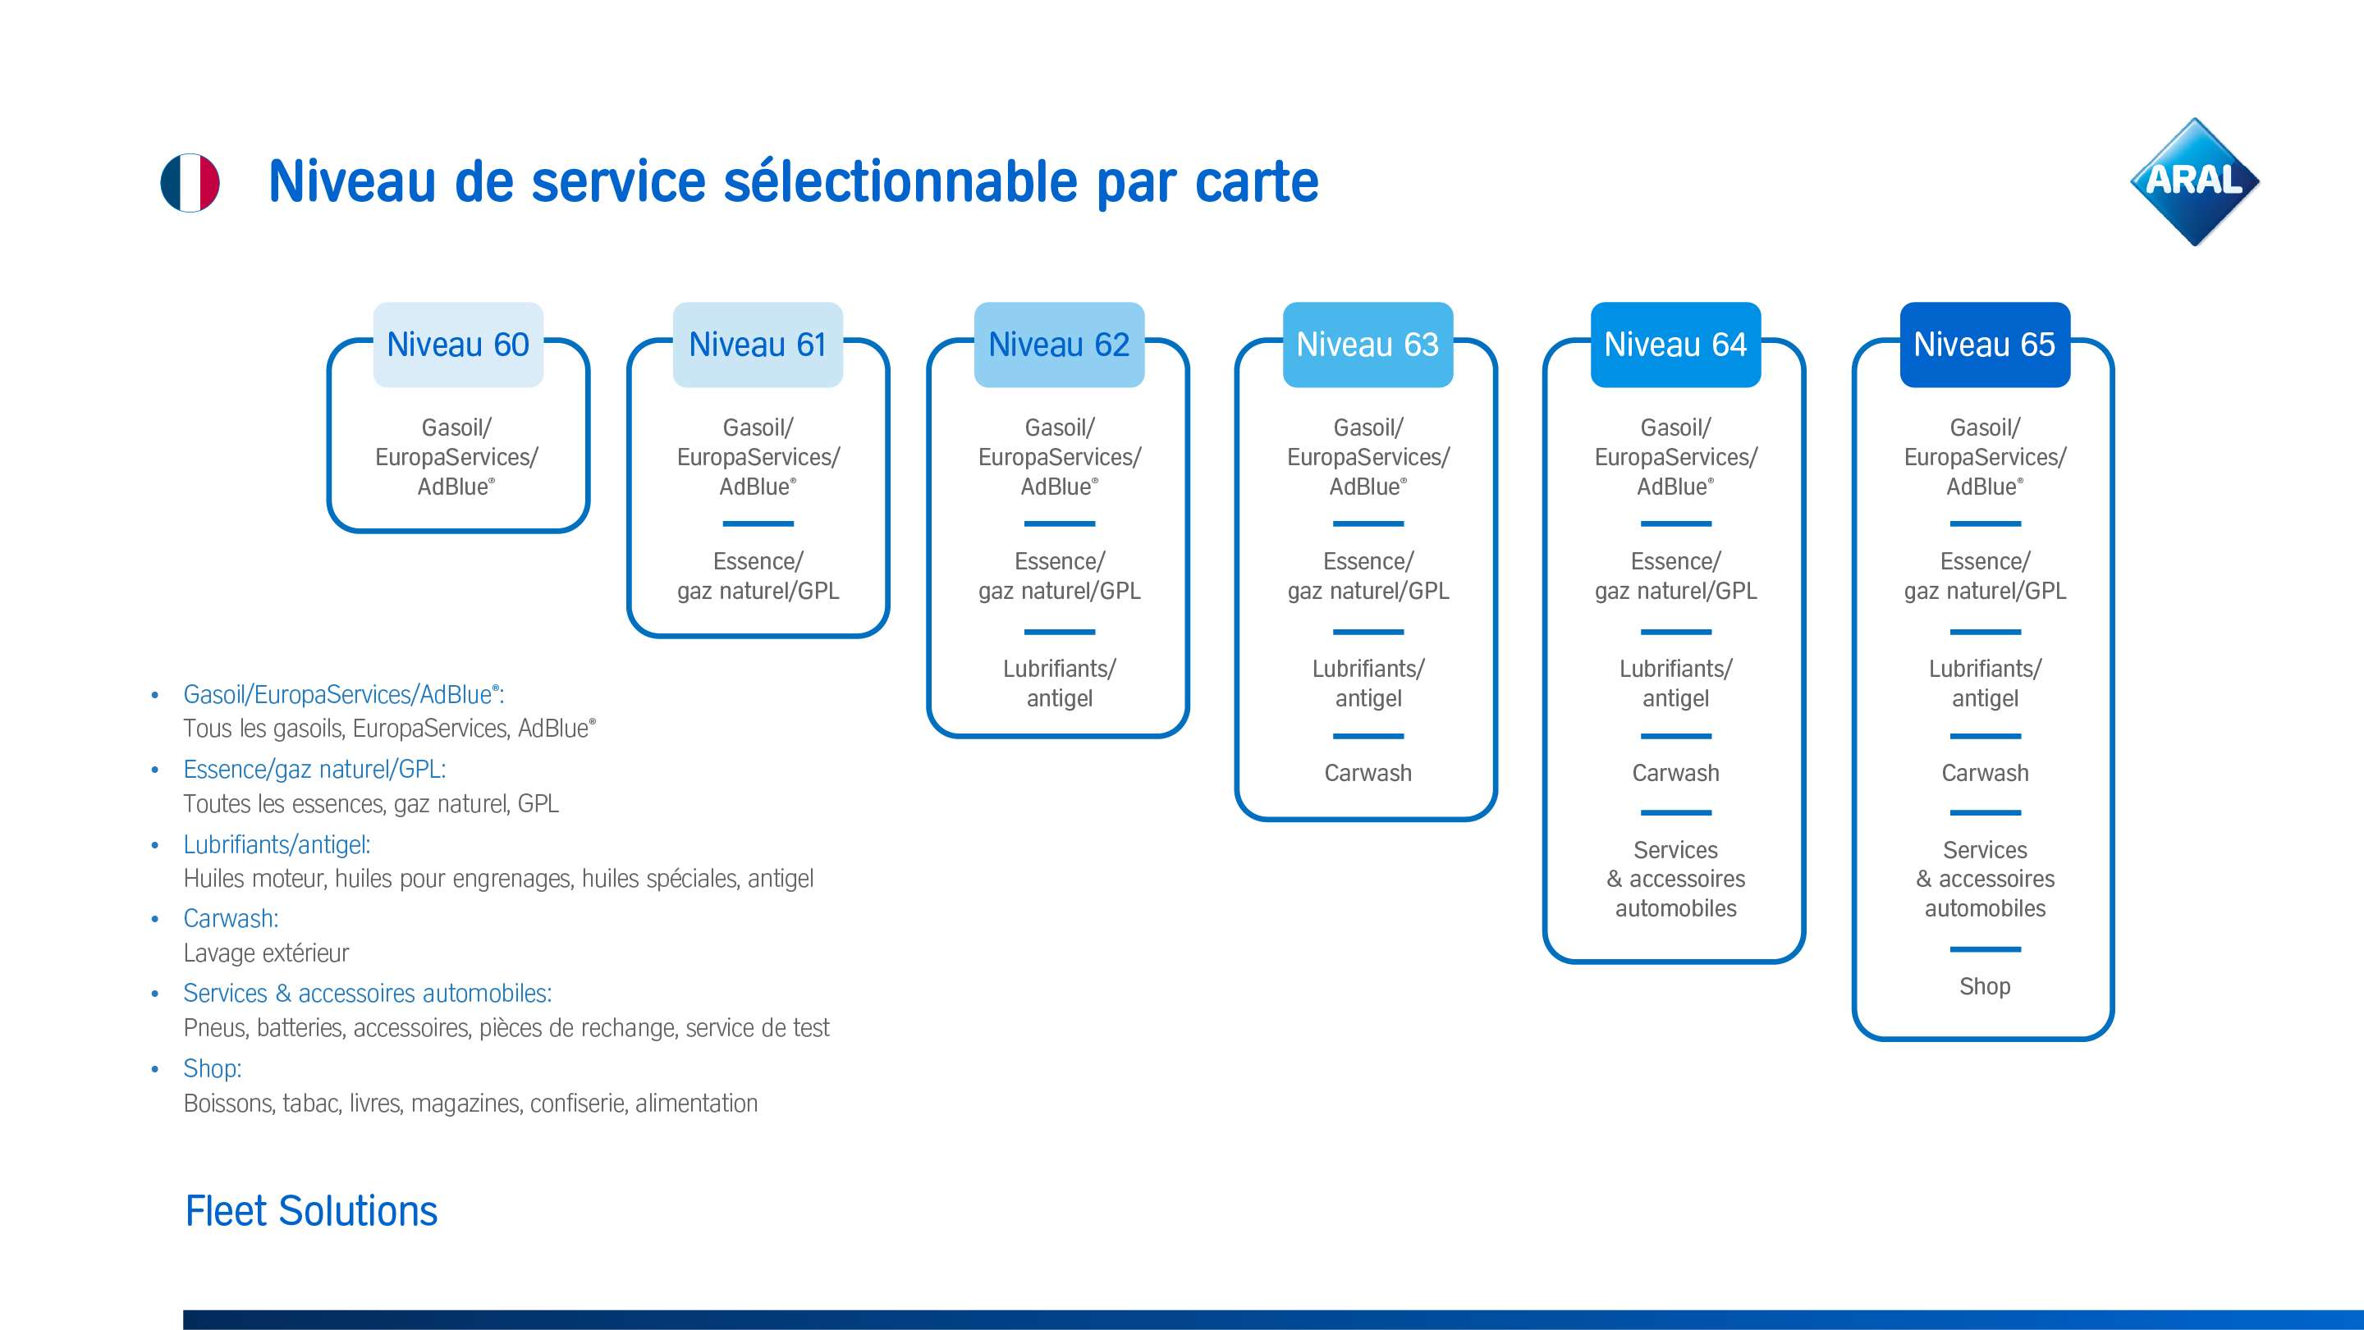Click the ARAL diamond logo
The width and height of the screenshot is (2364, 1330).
[x=2194, y=181]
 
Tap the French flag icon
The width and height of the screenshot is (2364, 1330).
[x=190, y=182]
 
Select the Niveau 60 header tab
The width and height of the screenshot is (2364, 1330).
[x=458, y=345]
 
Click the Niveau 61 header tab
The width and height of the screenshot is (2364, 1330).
[x=757, y=345]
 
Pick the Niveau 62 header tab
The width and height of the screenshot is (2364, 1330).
[x=1058, y=345]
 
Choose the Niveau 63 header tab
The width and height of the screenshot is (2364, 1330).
[x=1368, y=345]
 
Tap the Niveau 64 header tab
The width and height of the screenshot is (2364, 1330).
[x=1674, y=345]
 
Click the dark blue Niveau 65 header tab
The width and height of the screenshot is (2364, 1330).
[x=1984, y=345]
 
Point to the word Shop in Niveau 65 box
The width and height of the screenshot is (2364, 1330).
[x=1984, y=986]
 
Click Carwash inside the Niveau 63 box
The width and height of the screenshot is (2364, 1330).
[x=1368, y=773]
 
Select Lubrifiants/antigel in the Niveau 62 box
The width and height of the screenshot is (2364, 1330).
[x=1059, y=683]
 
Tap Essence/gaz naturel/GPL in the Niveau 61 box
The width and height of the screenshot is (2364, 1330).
[x=758, y=576]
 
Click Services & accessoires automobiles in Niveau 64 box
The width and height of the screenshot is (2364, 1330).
[x=1675, y=879]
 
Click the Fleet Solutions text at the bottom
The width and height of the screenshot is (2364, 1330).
[x=311, y=1211]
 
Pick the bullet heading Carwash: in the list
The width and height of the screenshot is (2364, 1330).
[x=231, y=918]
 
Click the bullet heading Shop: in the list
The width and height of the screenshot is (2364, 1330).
[x=212, y=1068]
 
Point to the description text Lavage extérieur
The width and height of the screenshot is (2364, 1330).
[x=266, y=953]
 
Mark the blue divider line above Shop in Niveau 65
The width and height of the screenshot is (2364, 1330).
[x=1985, y=949]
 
